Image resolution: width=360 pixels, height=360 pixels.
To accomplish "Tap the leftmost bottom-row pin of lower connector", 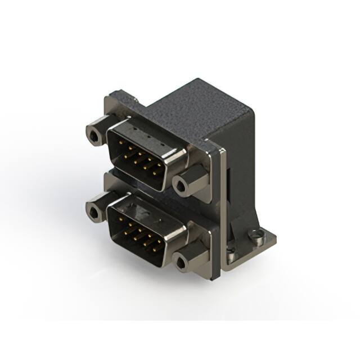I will pyautogui.click(x=125, y=233).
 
